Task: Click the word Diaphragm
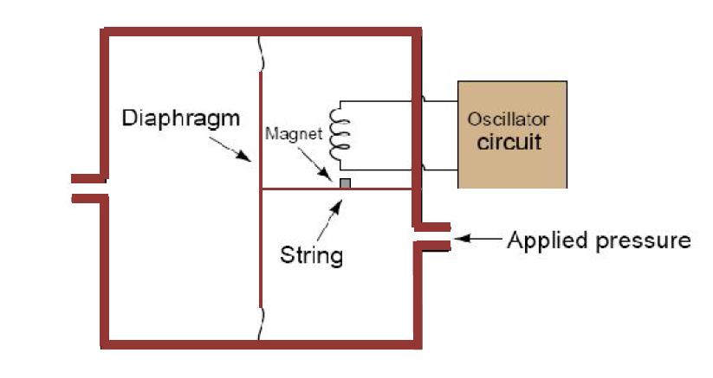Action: pyautogui.click(x=180, y=119)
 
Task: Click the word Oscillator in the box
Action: pyautogui.click(x=508, y=119)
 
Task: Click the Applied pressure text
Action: pyautogui.click(x=599, y=240)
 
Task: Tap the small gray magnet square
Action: pyautogui.click(x=346, y=183)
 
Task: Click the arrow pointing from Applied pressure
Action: pyautogui.click(x=476, y=239)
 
